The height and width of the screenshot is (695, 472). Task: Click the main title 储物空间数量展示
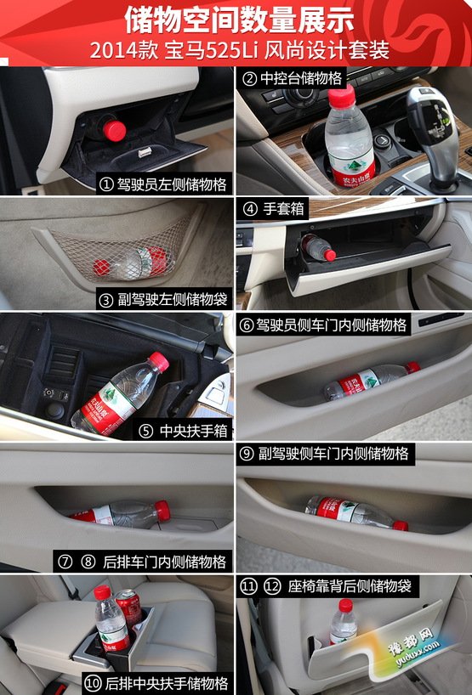pyautogui.click(x=239, y=20)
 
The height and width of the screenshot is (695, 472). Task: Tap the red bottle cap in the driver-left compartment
pyautogui.click(x=115, y=130)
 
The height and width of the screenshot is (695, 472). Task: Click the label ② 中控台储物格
pyautogui.click(x=293, y=78)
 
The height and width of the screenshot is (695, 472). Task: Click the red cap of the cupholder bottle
pyautogui.click(x=342, y=94)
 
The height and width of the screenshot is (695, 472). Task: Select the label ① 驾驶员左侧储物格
pyautogui.click(x=163, y=184)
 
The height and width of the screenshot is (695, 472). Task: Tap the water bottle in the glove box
pyautogui.click(x=319, y=248)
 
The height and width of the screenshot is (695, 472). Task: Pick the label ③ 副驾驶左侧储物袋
pyautogui.click(x=163, y=299)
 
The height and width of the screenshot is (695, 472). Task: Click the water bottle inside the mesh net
pyautogui.click(x=130, y=263)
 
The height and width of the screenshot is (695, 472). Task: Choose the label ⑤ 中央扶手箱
pyautogui.click(x=182, y=431)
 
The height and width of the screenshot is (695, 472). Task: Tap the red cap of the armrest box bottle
pyautogui.click(x=159, y=361)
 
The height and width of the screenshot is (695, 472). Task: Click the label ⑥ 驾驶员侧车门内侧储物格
pyautogui.click(x=323, y=325)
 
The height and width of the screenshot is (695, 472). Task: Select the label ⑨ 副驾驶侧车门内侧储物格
pyautogui.click(x=325, y=454)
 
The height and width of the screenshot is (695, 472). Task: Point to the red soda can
pyautogui.click(x=128, y=608)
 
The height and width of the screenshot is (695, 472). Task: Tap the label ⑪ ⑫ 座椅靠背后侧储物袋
pyautogui.click(x=326, y=586)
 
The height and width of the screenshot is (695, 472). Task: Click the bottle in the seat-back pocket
pyautogui.click(x=344, y=621)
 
